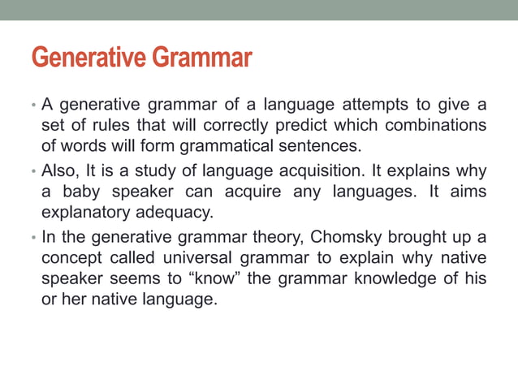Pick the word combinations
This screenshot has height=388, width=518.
[x=434, y=126]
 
